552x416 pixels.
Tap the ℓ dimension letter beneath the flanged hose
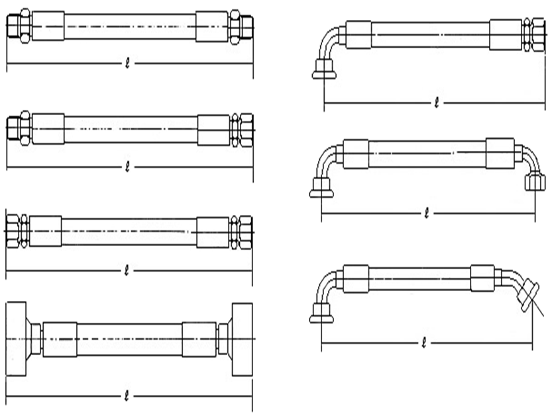pos(127,396)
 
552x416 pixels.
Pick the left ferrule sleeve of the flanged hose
pos(60,339)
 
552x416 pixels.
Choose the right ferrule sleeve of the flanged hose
pos(199,339)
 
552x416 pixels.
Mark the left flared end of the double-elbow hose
pos(321,192)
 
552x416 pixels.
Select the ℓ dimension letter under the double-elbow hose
pos(427,214)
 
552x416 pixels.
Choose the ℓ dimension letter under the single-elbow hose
pos(435,103)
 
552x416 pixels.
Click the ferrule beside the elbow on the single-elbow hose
pos(358,34)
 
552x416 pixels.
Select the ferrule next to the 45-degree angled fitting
pos(483,278)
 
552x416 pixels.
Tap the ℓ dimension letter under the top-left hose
pos(127,64)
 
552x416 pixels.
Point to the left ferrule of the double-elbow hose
pos(356,153)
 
